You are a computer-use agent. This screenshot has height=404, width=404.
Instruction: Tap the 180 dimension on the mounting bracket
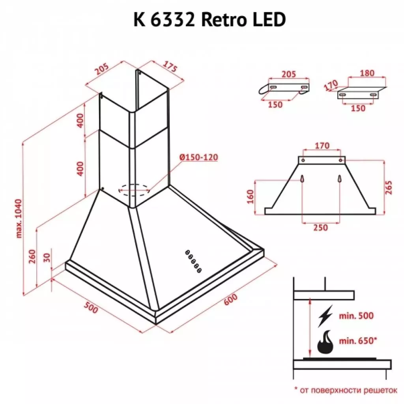point(367,73)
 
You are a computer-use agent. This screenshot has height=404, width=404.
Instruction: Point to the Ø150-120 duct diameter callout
point(198,157)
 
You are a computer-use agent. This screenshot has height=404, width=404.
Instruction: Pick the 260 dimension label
point(32,256)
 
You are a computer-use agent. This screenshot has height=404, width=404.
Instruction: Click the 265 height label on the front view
point(391,188)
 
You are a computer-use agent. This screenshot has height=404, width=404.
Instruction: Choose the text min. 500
point(356,316)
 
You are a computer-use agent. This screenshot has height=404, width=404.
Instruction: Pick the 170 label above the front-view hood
point(322,146)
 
